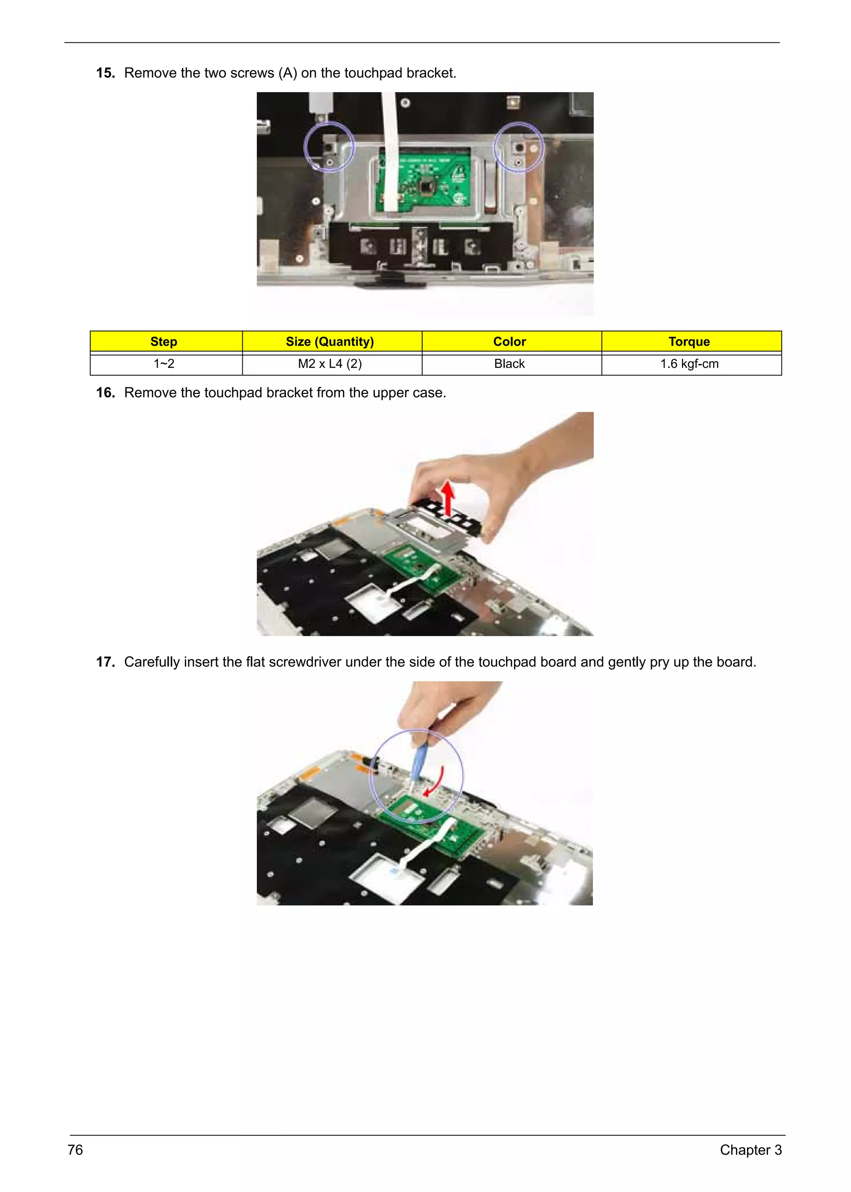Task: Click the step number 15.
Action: (x=105, y=73)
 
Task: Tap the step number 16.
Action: (x=105, y=393)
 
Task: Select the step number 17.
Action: (x=105, y=662)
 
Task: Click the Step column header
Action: (x=164, y=342)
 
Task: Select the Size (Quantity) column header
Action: (x=330, y=342)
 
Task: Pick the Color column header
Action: (x=509, y=342)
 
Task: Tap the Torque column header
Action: (x=689, y=342)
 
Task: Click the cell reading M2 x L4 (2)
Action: (x=330, y=364)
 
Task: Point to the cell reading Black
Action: (x=509, y=364)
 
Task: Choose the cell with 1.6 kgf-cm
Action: (x=689, y=364)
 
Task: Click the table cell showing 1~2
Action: (x=164, y=364)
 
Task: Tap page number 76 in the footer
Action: (x=76, y=1150)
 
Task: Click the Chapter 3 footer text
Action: (x=750, y=1150)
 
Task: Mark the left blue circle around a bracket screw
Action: (x=329, y=147)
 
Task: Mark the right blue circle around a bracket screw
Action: (x=519, y=147)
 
